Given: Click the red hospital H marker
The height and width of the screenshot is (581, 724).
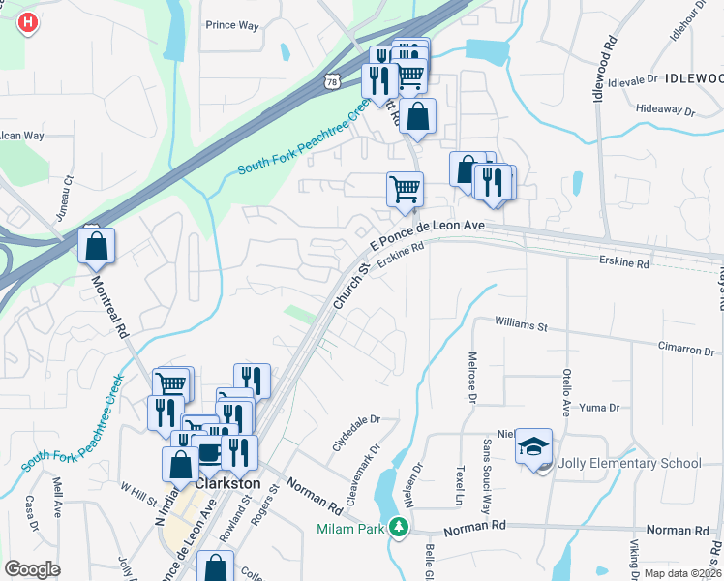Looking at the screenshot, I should [x=29, y=21].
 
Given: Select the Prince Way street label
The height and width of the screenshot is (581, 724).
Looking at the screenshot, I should [x=232, y=26].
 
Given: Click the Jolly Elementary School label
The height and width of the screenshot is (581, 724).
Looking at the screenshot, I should [x=628, y=463].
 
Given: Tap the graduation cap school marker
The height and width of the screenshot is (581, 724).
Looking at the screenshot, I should [x=533, y=446].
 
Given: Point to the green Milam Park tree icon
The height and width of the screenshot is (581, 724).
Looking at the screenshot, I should [x=398, y=528].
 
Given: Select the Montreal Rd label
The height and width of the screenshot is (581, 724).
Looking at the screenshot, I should [x=109, y=308].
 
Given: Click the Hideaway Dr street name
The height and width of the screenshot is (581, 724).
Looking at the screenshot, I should [x=666, y=109].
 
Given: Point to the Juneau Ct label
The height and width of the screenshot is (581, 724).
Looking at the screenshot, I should [x=68, y=197].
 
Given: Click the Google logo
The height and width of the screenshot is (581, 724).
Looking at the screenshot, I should [x=32, y=569].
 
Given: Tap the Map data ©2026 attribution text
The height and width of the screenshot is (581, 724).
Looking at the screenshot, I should [x=681, y=573].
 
